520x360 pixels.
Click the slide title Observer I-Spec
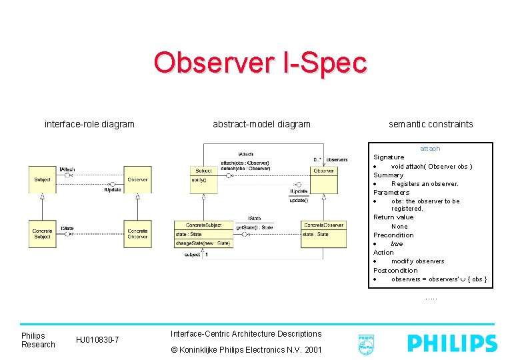260,63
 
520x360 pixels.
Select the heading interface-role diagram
89,123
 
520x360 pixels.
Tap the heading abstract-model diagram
261,123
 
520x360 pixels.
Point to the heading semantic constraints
431,123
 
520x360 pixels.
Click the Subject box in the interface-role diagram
43,179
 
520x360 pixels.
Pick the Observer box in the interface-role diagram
137,179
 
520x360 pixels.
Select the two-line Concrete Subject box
43,233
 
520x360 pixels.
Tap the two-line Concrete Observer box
137,233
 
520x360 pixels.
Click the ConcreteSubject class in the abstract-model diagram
203,225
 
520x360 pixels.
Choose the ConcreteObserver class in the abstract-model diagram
323,225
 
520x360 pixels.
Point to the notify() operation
199,180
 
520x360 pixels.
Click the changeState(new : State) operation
203,243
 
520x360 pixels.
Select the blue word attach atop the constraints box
430,149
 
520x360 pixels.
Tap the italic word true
397,244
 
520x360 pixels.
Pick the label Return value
393,217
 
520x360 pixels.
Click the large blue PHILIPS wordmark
453,343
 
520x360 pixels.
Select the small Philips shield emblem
366,343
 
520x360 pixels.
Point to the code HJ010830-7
98,340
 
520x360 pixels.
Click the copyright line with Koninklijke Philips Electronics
246,350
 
